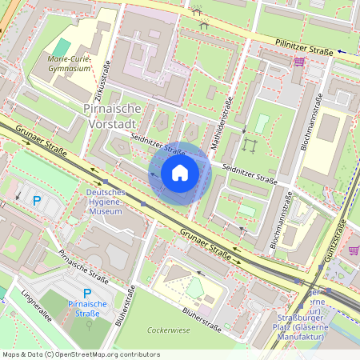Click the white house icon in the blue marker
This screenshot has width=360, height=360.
click(180, 173)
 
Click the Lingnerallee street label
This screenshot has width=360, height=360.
click(37, 305)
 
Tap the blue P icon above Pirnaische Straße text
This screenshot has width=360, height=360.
click(87, 294)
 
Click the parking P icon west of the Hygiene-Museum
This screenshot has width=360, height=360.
click(35, 199)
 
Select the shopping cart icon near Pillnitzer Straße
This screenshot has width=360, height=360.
click(298, 62)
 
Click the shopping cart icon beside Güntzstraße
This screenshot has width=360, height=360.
click(353, 250)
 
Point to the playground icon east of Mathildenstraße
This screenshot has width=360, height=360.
click(250, 145)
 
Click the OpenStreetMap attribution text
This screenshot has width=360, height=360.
click(81, 354)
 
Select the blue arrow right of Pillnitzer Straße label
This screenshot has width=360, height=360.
click(342, 51)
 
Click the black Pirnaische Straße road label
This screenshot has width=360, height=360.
click(83, 266)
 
